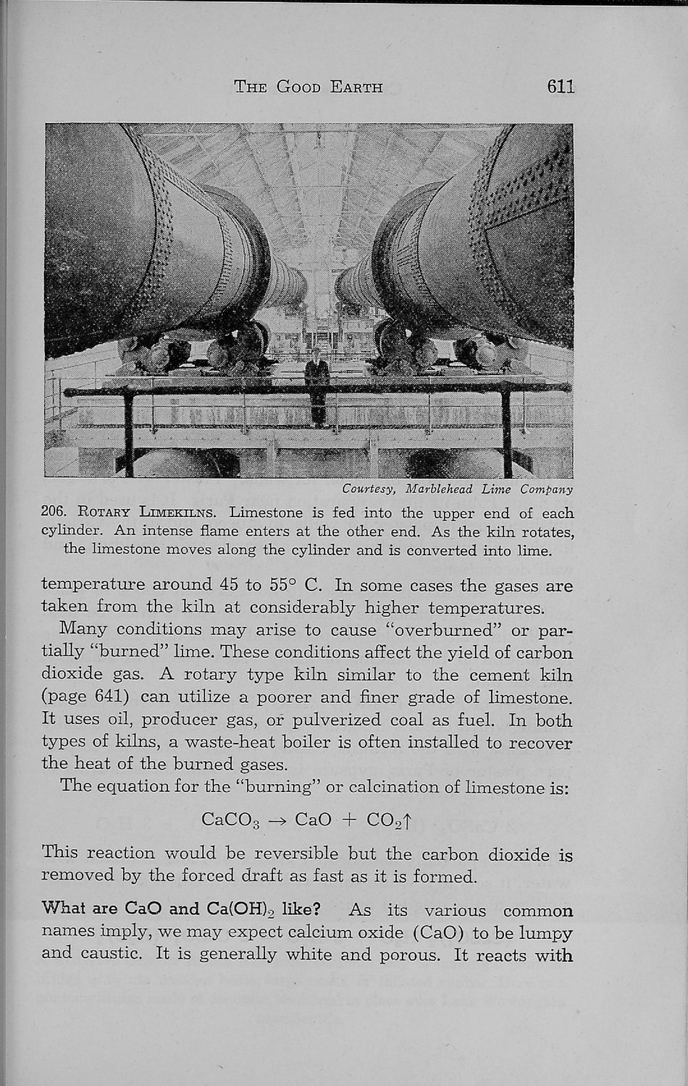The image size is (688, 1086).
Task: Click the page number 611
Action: [x=561, y=87]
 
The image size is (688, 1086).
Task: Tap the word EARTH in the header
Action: [x=356, y=88]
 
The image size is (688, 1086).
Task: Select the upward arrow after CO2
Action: [x=408, y=820]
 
